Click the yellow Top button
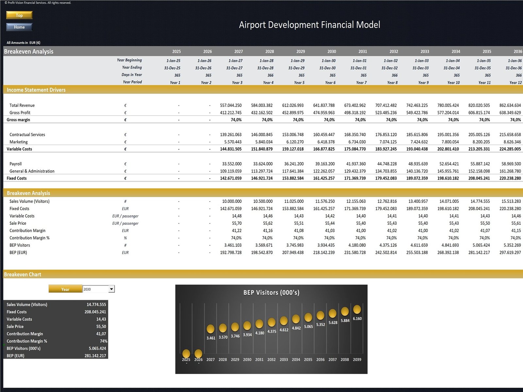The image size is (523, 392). click(19, 15)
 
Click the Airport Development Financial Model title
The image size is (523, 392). click(309, 25)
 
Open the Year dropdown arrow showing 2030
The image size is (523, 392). click(111, 289)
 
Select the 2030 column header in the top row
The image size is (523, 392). click(331, 51)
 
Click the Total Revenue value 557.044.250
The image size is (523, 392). click(231, 105)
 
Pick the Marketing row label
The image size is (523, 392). click(19, 142)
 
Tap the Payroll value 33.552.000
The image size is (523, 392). click(232, 164)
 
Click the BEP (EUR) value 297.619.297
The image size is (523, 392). click(510, 253)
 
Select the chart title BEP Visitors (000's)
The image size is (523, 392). click(271, 292)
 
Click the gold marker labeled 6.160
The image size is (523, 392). click(357, 309)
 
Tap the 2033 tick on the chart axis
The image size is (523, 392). click(284, 359)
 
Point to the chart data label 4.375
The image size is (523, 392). click(272, 331)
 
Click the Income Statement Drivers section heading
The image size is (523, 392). click(36, 90)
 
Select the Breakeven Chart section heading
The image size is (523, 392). click(23, 274)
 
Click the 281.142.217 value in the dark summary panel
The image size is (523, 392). click(95, 356)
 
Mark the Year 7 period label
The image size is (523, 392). click(361, 83)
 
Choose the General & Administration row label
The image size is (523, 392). click(32, 171)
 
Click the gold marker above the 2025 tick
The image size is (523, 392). click(186, 353)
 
